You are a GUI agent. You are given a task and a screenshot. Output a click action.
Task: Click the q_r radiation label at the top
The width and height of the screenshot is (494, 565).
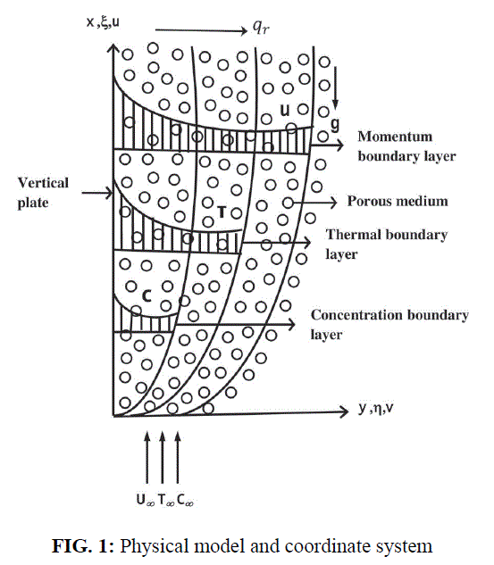click(261, 27)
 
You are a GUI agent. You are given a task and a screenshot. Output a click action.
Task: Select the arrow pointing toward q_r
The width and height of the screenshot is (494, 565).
click(201, 30)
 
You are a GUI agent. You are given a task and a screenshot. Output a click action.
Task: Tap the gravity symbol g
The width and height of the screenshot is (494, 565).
click(335, 124)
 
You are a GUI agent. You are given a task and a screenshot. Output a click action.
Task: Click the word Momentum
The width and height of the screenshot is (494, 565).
click(395, 137)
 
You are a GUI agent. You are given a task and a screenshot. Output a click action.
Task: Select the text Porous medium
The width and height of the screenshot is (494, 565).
click(398, 201)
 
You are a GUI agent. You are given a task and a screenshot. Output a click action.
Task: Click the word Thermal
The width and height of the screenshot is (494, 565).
click(354, 235)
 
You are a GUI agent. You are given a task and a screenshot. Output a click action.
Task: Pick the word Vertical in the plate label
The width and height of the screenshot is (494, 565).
click(43, 183)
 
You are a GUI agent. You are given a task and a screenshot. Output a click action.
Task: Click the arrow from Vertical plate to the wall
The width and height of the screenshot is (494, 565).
click(97, 193)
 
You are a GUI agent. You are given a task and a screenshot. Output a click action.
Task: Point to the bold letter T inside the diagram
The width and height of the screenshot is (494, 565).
click(222, 212)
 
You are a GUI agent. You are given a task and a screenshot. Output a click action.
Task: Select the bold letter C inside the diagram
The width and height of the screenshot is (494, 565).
click(147, 295)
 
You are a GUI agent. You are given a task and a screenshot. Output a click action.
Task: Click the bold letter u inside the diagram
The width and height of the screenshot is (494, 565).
click(285, 110)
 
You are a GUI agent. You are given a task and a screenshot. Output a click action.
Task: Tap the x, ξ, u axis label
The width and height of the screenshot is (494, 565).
click(103, 22)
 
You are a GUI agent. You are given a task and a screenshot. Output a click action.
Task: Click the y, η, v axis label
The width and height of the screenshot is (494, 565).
click(376, 408)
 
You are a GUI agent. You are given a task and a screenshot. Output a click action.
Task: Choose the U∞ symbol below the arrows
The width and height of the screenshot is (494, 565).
click(146, 500)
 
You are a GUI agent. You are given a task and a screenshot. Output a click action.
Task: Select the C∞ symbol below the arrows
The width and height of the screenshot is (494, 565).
click(185, 500)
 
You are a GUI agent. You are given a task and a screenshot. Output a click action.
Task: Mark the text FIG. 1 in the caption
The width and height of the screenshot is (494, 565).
click(83, 546)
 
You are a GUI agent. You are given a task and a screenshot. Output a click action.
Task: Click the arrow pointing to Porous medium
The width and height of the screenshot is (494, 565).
click(314, 202)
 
